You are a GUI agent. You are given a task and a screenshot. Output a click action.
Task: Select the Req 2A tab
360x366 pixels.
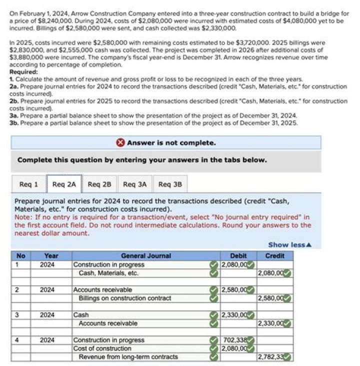[x=64, y=184]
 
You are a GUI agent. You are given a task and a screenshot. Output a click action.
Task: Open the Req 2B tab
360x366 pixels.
[x=99, y=184]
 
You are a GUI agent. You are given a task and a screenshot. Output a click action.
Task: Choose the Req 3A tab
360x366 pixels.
[x=134, y=184]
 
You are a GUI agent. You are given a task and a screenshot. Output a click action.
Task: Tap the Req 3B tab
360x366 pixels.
[x=170, y=184]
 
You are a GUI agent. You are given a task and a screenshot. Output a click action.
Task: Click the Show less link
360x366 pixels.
[x=290, y=245]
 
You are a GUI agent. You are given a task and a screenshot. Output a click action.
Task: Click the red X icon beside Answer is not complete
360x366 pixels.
[x=120, y=143]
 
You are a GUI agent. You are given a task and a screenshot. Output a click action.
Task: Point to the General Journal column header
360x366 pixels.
[x=145, y=256]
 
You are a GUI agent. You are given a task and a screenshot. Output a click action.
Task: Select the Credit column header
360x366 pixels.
[x=274, y=256]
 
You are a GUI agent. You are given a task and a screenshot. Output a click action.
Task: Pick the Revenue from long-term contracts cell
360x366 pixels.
[x=128, y=356]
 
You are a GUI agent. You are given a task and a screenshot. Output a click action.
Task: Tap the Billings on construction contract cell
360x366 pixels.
[x=124, y=298]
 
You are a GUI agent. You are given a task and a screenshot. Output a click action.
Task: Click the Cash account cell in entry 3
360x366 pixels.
[x=81, y=315]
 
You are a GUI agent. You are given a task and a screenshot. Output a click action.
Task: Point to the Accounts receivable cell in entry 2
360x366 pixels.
[x=102, y=289]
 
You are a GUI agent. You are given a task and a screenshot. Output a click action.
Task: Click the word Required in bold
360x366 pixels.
[x=23, y=72]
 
